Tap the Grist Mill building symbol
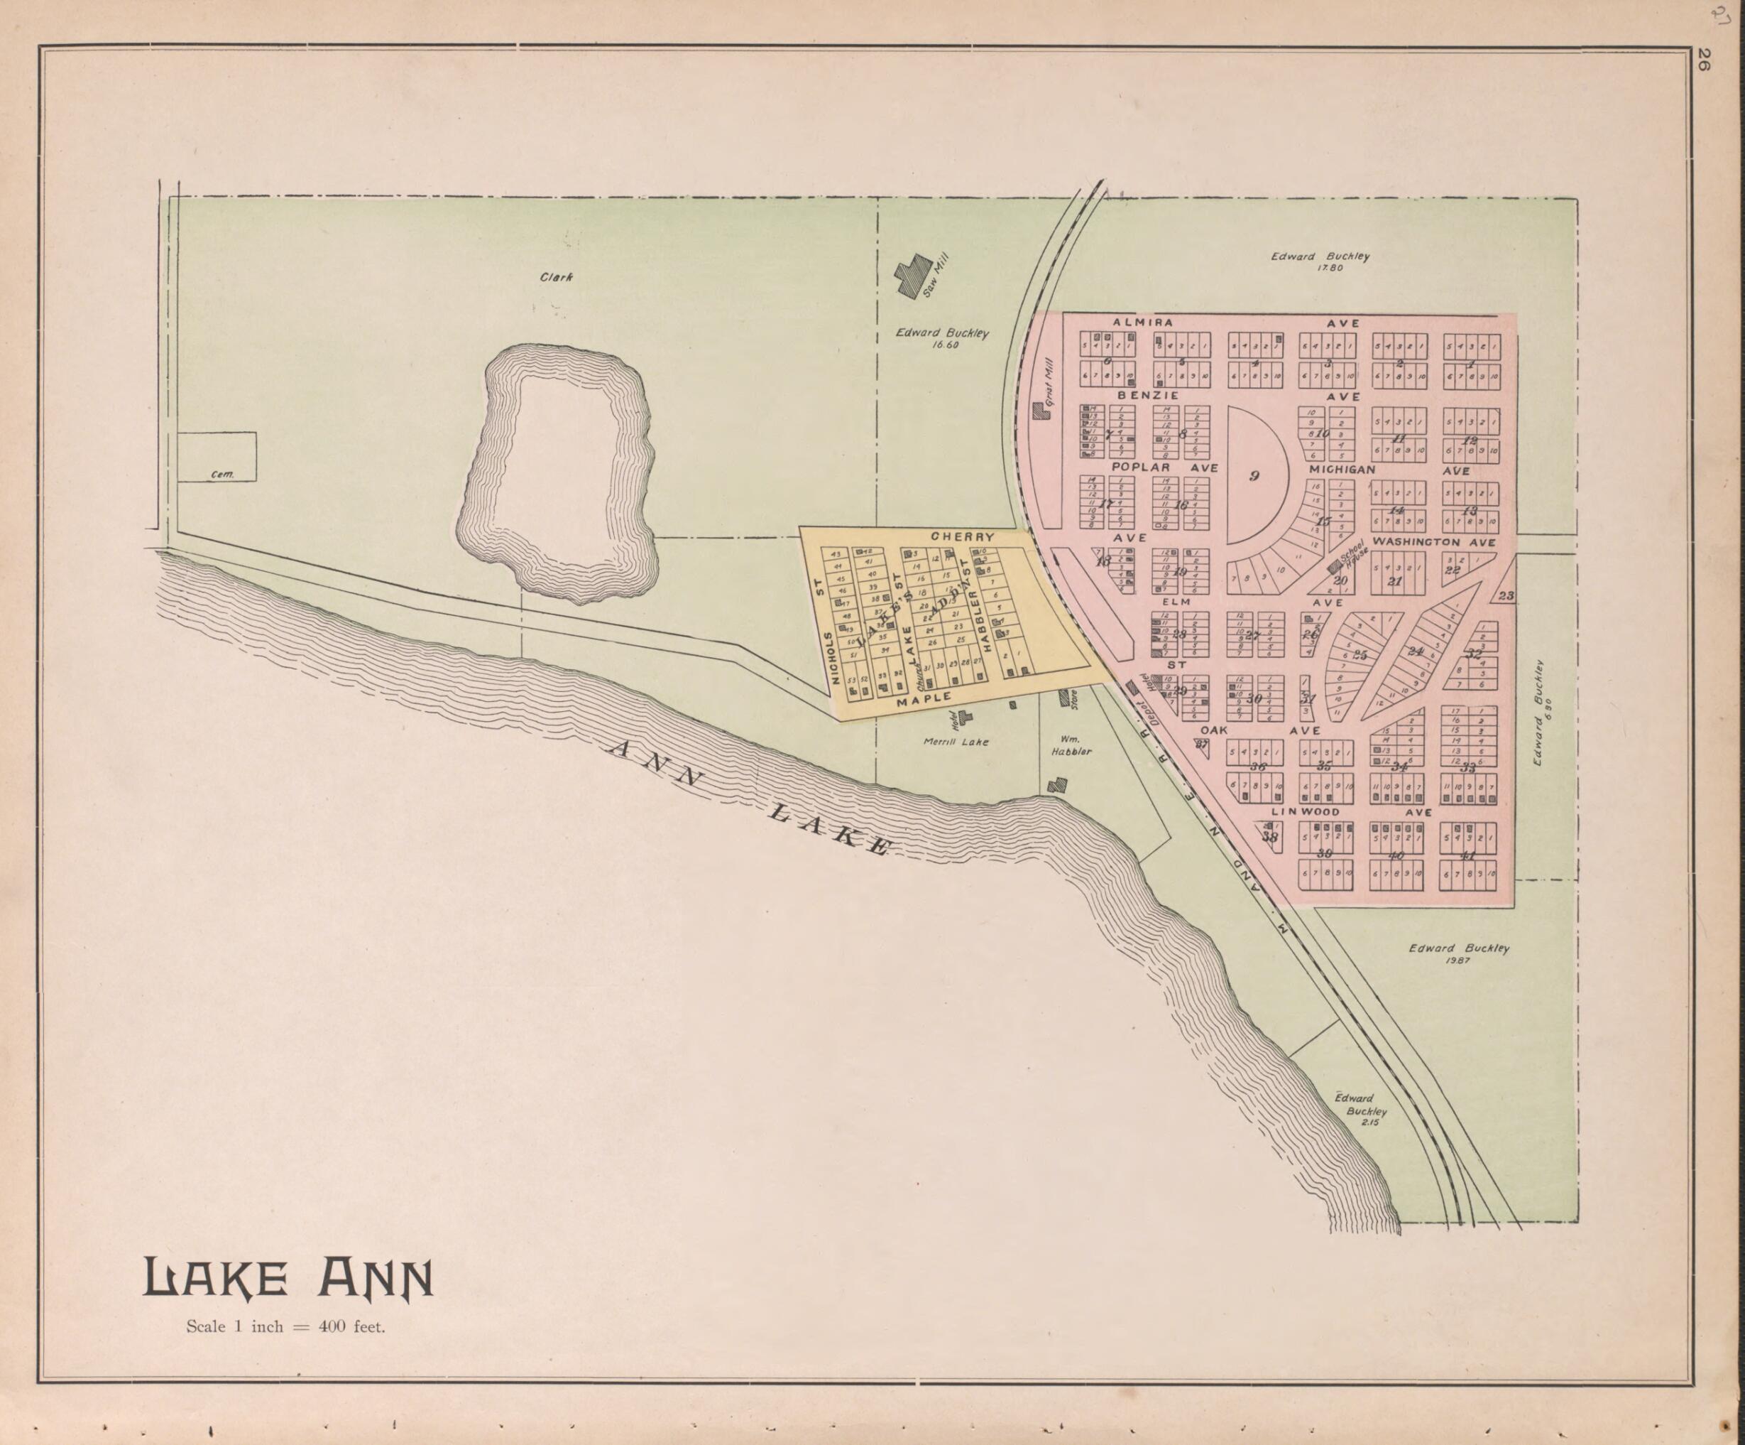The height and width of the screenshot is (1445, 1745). pyautogui.click(x=1039, y=410)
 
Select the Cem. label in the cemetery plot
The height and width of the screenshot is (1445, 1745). pyautogui.click(x=222, y=475)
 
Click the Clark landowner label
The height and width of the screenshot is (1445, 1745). pyautogui.click(x=556, y=277)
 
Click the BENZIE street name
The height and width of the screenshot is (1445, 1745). pyautogui.click(x=1147, y=396)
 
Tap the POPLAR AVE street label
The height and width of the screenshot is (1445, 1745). pyautogui.click(x=1164, y=468)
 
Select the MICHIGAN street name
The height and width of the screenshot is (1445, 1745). pyautogui.click(x=1342, y=470)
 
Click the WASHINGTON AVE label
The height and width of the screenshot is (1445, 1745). pyautogui.click(x=1433, y=542)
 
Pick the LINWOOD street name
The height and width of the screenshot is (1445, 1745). pyautogui.click(x=1305, y=811)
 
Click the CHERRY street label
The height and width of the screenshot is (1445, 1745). pyautogui.click(x=962, y=536)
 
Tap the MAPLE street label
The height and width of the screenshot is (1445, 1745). pyautogui.click(x=923, y=701)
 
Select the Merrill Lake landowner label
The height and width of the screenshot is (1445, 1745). pyautogui.click(x=956, y=742)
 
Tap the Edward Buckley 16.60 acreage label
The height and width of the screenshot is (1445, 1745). pyautogui.click(x=941, y=337)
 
